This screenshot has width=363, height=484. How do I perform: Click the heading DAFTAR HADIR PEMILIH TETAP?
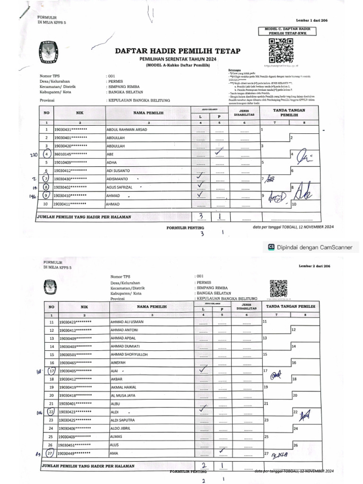[x=177, y=51]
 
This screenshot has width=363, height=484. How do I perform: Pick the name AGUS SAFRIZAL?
[x=122, y=187]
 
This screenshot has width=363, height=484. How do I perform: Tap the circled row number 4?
[x=46, y=154]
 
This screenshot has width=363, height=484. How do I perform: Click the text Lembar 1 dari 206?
[x=312, y=20]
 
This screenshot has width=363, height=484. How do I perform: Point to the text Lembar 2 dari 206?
[x=315, y=266]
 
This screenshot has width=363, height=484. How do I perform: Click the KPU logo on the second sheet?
[x=50, y=286]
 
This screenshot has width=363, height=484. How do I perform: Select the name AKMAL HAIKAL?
[x=123, y=387]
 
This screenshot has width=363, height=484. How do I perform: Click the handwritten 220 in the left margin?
[x=34, y=154]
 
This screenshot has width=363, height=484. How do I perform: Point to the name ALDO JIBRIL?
[x=122, y=428]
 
